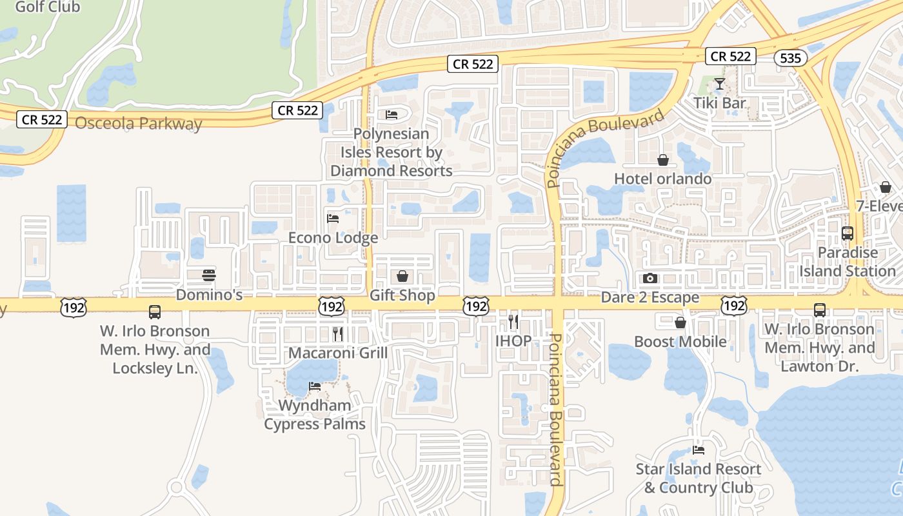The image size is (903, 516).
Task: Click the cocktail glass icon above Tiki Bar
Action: [720, 84]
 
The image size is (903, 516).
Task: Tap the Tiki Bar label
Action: [720, 103]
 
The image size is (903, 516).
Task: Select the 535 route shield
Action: [789, 59]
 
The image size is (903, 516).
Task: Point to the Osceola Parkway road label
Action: [139, 123]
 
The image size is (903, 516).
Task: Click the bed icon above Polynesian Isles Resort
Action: [391, 115]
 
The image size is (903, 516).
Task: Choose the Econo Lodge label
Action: [333, 238]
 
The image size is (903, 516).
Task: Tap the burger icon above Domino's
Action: [209, 275]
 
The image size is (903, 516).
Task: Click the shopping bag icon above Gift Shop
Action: [402, 276]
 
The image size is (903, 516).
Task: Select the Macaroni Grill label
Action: [338, 353]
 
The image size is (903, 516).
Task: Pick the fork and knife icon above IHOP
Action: [513, 321]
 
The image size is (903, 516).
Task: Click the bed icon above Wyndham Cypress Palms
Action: [315, 386]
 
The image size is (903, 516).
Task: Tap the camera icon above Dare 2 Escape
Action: [650, 278]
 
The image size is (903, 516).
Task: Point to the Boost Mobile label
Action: [680, 341]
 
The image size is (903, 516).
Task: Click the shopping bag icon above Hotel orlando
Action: [662, 160]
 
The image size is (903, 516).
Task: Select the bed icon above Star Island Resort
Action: [698, 450]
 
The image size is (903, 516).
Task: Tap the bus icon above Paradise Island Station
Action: [848, 233]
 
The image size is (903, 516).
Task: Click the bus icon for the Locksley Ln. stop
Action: [155, 312]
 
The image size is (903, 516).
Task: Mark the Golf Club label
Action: [47, 8]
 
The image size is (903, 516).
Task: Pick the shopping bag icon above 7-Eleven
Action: [886, 187]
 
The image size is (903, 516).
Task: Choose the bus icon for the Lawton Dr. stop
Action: [819, 310]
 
